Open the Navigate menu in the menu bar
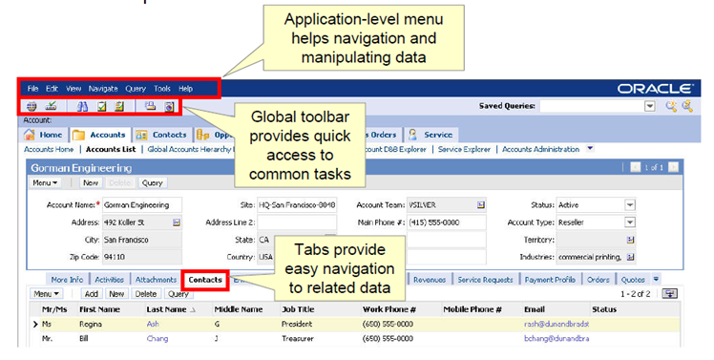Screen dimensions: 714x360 click(102, 88)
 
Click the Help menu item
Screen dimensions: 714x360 click(186, 88)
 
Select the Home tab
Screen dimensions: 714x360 click(45, 135)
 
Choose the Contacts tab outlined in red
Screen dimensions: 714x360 click(205, 280)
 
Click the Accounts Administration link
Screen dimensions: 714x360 click(541, 149)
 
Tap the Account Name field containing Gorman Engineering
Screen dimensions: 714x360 click(140, 204)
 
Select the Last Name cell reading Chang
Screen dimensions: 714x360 click(157, 338)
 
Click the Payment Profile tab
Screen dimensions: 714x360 click(550, 280)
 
